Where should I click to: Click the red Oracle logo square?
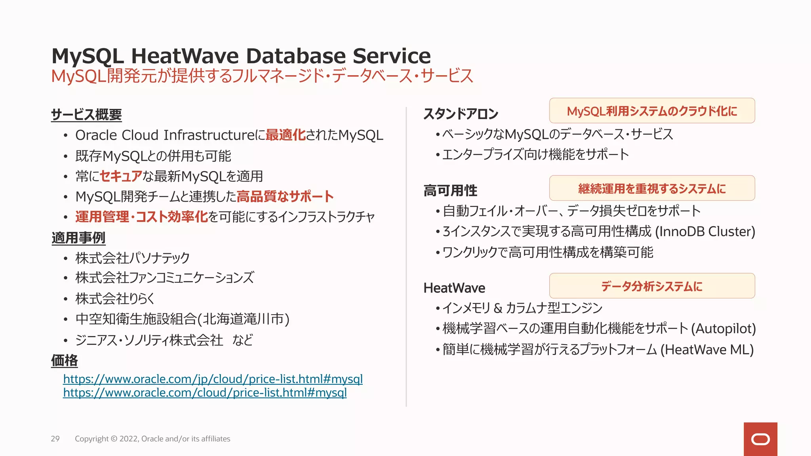click(760, 439)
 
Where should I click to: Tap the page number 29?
click(55, 439)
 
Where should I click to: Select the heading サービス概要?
click(86, 115)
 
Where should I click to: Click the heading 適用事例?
click(78, 238)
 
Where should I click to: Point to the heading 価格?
click(65, 361)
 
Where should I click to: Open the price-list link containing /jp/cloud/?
click(213, 379)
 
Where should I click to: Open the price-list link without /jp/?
click(205, 393)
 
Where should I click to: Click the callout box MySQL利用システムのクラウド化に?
click(652, 111)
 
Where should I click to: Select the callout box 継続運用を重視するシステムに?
click(652, 188)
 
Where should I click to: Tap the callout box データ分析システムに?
click(652, 286)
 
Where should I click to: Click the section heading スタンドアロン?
click(461, 114)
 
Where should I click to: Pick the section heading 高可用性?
click(450, 191)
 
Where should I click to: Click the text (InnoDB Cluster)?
click(705, 232)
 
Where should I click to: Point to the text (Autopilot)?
click(723, 329)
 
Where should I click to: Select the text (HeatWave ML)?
click(707, 350)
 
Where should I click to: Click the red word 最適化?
click(285, 135)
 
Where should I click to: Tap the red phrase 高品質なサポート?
click(285, 196)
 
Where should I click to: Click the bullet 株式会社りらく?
click(115, 298)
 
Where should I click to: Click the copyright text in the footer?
click(152, 439)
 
